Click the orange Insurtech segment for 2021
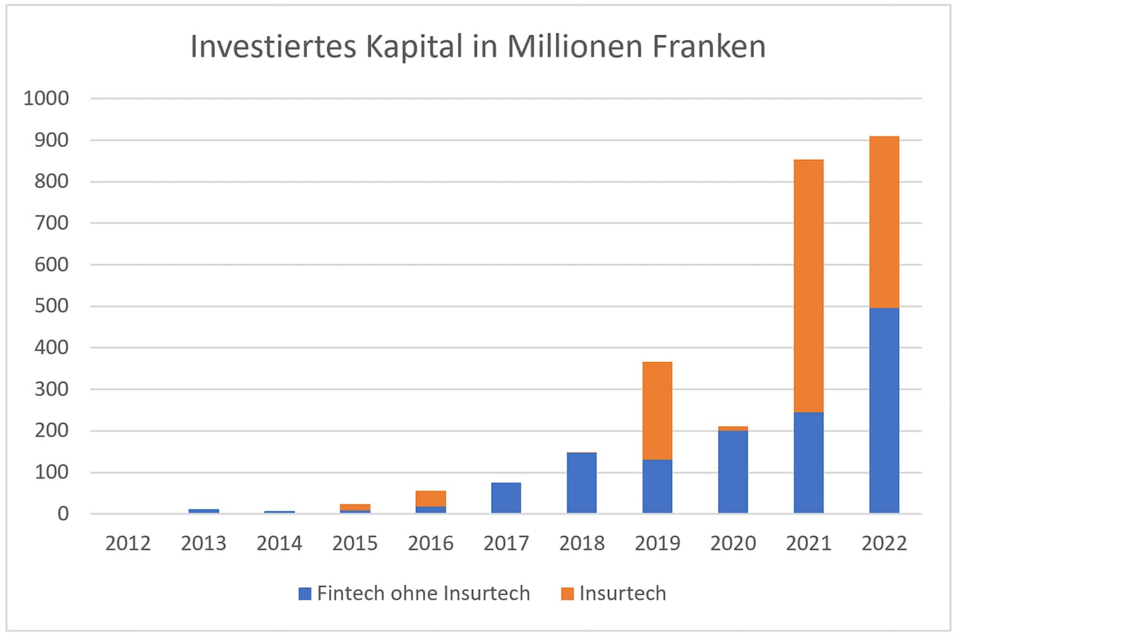(x=808, y=286)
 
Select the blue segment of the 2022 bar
(x=884, y=411)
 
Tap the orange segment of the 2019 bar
(x=657, y=411)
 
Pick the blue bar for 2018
(x=581, y=483)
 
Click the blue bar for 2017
(x=506, y=497)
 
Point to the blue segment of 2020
(x=732, y=472)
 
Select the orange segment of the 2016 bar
(x=431, y=499)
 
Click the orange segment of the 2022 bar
(x=884, y=222)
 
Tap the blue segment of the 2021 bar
(x=808, y=462)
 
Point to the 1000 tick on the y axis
(x=46, y=98)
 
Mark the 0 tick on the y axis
(x=62, y=513)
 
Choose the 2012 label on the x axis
(x=128, y=544)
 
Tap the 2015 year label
(x=355, y=544)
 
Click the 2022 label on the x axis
(x=884, y=544)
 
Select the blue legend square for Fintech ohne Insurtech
(x=305, y=594)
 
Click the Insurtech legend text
(x=622, y=594)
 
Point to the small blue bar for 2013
(x=203, y=511)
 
